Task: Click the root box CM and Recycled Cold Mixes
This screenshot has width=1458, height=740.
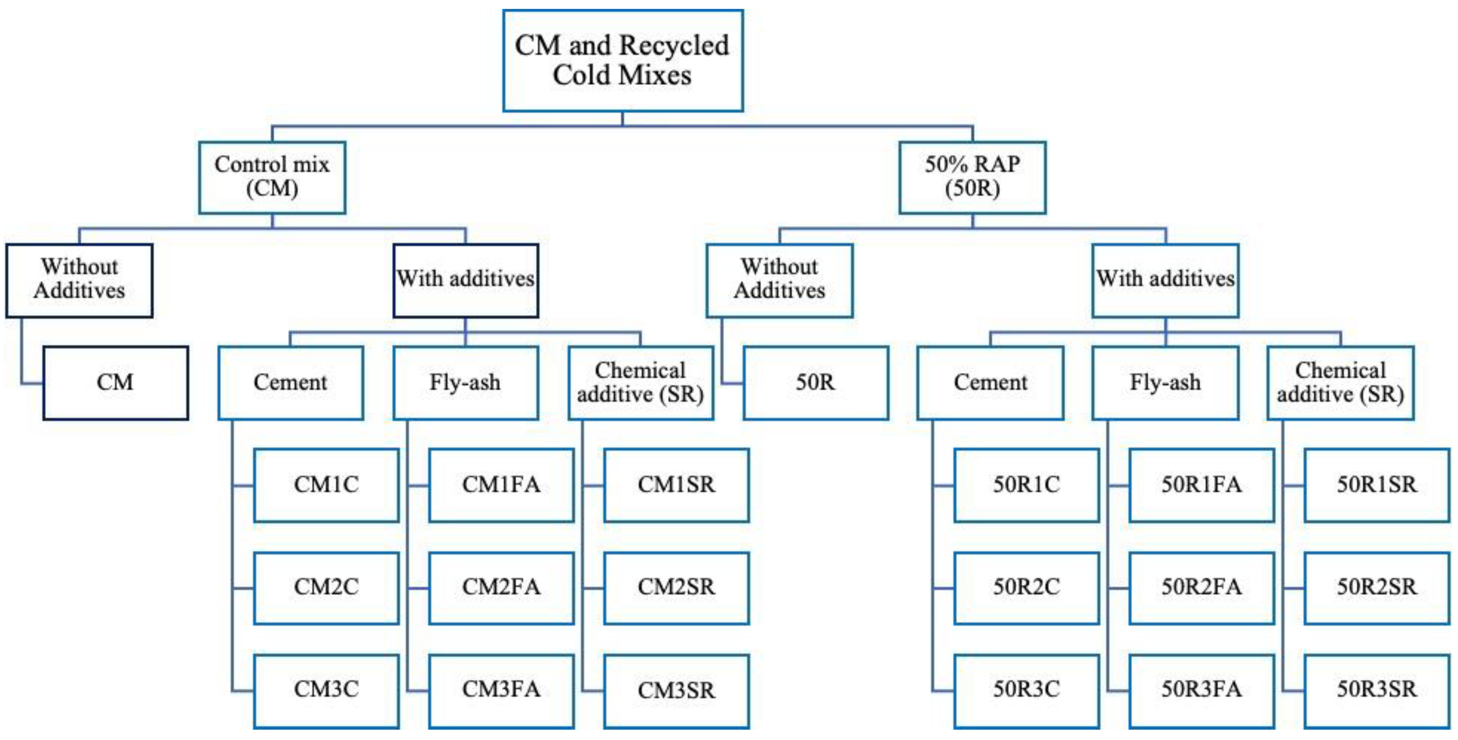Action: coord(623,60)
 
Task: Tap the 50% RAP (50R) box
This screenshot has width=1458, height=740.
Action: coord(972,177)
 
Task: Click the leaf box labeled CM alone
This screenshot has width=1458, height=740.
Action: coord(115,383)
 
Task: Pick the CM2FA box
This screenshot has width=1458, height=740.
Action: coord(501,588)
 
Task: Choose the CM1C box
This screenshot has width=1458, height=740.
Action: coord(326,485)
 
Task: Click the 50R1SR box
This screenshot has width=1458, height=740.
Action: coord(1376,485)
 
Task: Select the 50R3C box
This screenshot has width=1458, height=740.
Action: coord(1026,690)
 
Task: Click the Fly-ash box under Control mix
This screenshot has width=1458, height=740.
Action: coord(465,383)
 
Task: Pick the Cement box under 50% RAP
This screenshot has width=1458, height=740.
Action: coord(990,383)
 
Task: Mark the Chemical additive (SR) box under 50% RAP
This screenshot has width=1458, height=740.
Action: coord(1340,383)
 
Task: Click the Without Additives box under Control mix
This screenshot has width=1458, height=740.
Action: coord(79,280)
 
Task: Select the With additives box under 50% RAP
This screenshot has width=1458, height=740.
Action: coord(1165,280)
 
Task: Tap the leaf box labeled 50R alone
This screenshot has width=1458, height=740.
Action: coord(816,383)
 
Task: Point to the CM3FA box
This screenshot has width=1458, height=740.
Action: coord(501,690)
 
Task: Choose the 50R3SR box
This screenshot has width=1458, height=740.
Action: coord(1376,690)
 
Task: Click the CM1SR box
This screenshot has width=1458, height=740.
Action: coord(676,485)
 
